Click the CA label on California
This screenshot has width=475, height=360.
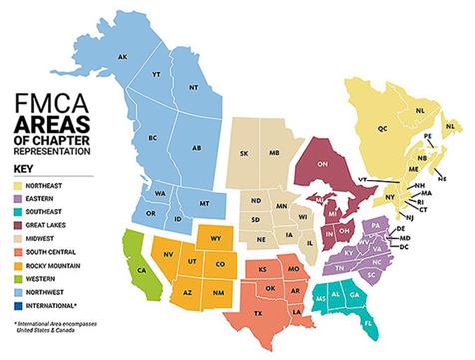coord(141,268)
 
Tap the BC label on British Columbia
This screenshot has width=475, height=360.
coord(153,136)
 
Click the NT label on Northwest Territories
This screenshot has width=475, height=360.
coord(191,88)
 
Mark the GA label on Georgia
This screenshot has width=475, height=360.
coord(355,297)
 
